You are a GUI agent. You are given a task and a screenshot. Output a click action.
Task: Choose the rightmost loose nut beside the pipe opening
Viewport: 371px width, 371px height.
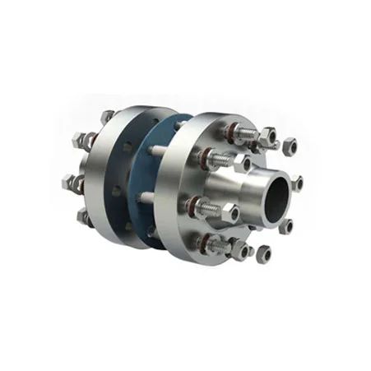coord(296,182)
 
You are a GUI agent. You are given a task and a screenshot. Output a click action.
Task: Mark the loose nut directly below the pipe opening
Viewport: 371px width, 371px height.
coord(263,251)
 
